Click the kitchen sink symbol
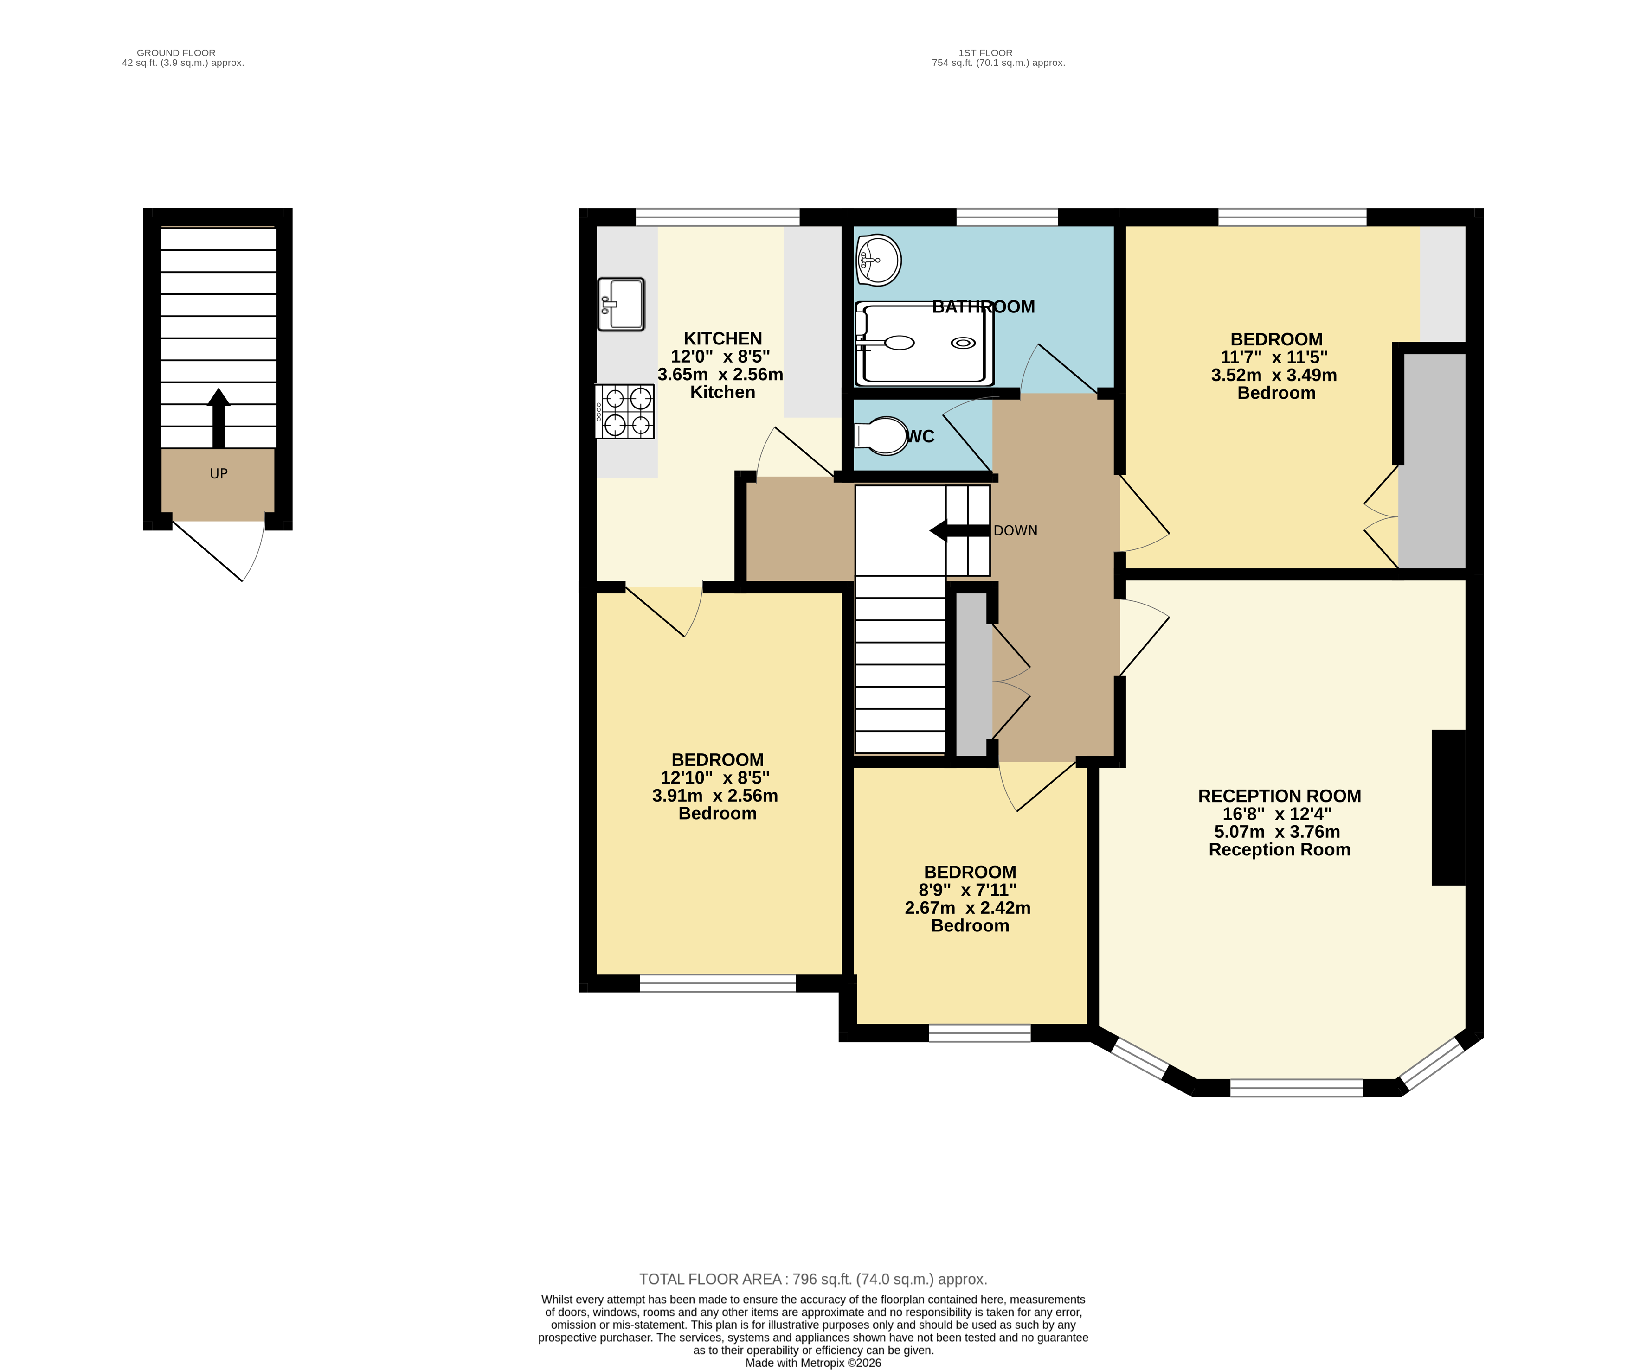point(621,305)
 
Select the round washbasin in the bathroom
point(879,260)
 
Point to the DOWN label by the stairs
point(1015,530)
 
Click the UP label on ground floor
point(219,474)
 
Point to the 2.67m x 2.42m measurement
point(967,908)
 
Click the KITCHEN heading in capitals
point(723,338)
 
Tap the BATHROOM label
point(983,307)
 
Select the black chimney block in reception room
point(1448,807)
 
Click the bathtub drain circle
point(964,343)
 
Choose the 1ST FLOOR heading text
point(985,53)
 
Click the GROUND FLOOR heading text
point(176,53)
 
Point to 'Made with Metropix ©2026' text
point(813,1362)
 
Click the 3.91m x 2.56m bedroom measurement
point(715,795)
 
